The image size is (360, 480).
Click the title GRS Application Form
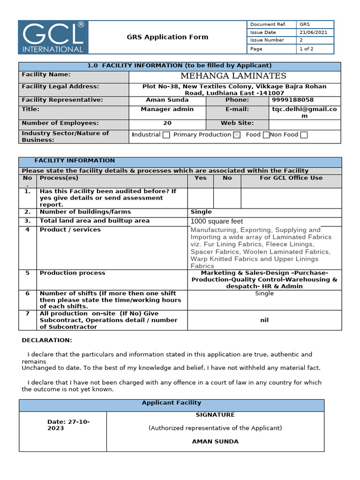coord(167,37)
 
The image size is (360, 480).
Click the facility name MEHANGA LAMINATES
coord(233,76)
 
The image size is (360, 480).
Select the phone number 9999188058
coord(293,100)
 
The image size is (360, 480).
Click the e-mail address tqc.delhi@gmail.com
coord(304,112)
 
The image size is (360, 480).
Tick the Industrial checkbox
coord(166,135)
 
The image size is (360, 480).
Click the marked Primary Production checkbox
coord(237,135)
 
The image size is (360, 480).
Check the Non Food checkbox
coord(304,135)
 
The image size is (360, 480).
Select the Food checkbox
coord(266,135)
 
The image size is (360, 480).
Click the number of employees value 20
coord(167,123)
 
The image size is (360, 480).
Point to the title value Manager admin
coord(167,109)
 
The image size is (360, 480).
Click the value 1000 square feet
coord(217,221)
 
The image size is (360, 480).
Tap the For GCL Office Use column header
coord(291,178)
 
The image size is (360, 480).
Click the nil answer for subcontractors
coord(264,320)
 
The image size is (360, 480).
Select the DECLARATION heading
coord(47,340)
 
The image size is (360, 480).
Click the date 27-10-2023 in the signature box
coord(68,425)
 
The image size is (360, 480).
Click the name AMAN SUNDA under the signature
coord(215,442)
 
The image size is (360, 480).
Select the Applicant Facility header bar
coord(171,403)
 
